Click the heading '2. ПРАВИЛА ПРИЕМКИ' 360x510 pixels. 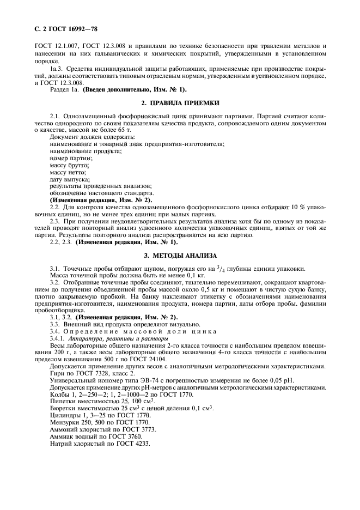pyautogui.click(x=180, y=102)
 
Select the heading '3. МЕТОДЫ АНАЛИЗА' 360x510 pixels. pyautogui.click(x=180, y=256)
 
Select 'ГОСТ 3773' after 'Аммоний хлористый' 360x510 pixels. pyautogui.click(x=138, y=429)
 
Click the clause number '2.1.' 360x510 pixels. pyautogui.click(x=54, y=116)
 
